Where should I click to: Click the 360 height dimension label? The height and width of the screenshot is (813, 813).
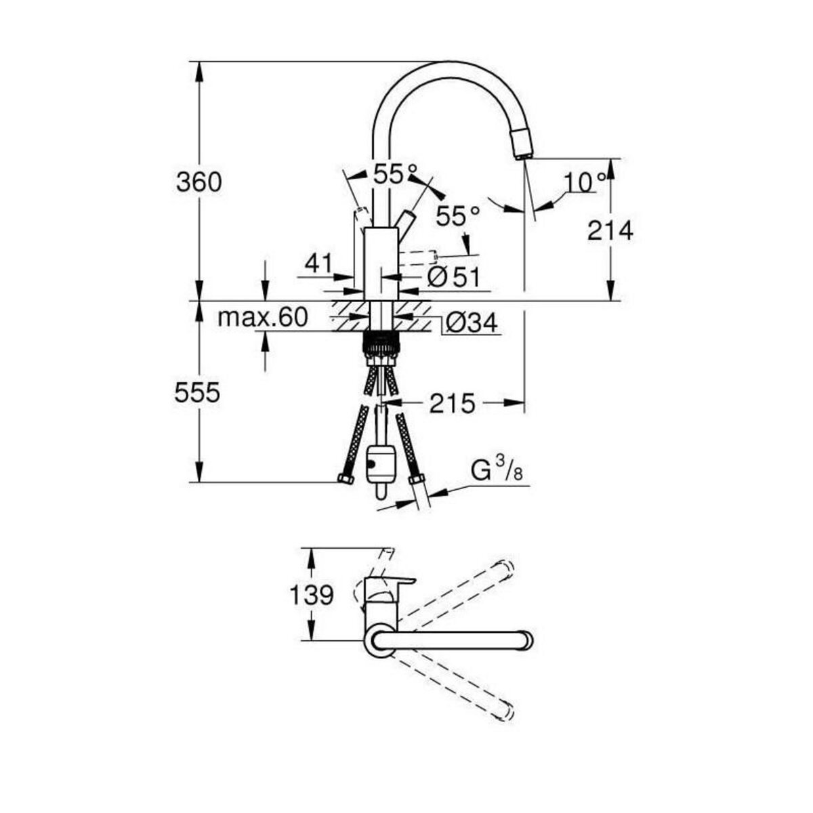pos(199,182)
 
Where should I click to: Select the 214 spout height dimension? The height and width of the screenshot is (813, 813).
pos(610,231)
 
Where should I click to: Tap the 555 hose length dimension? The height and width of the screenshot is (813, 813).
pos(197,393)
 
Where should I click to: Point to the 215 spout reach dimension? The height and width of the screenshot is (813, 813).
pos(452,404)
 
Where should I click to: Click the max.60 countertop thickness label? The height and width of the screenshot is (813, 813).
pos(263,317)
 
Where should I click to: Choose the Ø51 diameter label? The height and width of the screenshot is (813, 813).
pos(454,276)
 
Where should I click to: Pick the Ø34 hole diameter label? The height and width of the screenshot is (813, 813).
pos(472,323)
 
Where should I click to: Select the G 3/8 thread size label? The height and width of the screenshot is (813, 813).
pos(497,470)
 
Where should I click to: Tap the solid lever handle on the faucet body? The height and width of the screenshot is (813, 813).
pos(406,222)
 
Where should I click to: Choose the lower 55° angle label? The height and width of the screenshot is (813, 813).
pos(457,216)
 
